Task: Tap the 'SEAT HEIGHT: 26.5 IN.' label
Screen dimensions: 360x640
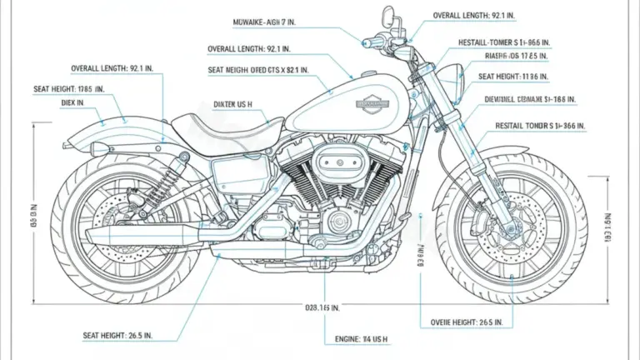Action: pyautogui.click(x=129, y=335)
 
